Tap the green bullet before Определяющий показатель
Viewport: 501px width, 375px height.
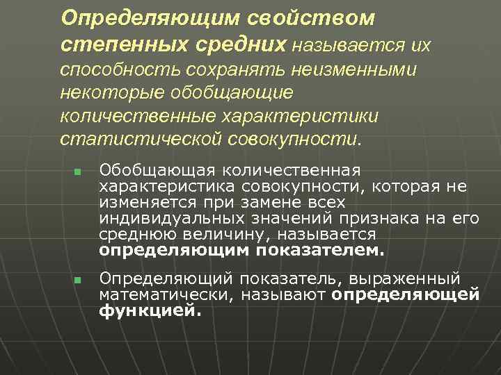(x=77, y=280)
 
